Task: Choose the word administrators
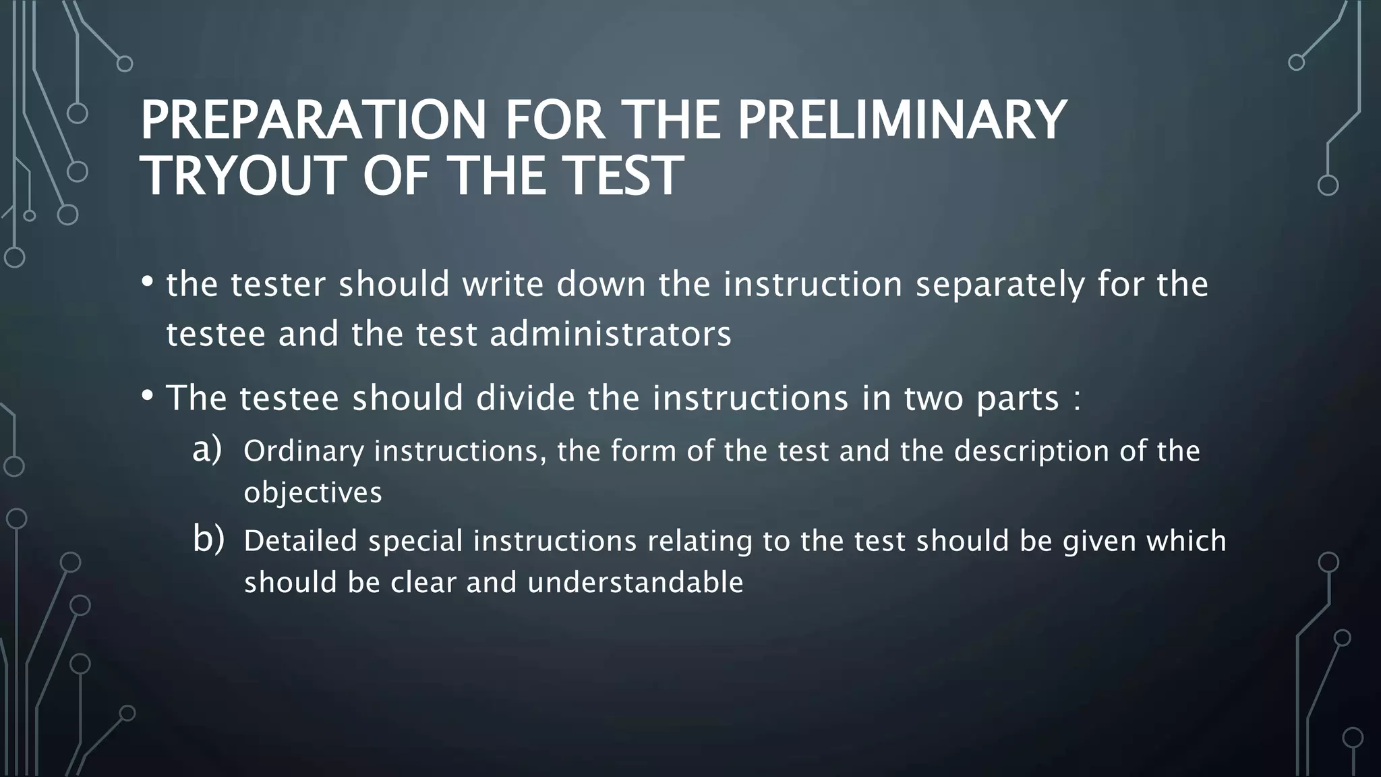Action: pyautogui.click(x=610, y=334)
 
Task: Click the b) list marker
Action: pyautogui.click(x=208, y=540)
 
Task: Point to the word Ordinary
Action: pyautogui.click(x=303, y=451)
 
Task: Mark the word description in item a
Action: pyautogui.click(x=1031, y=451)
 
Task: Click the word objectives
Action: pyautogui.click(x=313, y=492)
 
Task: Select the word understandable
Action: pyautogui.click(x=635, y=582)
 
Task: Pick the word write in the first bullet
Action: pyautogui.click(x=502, y=284)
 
